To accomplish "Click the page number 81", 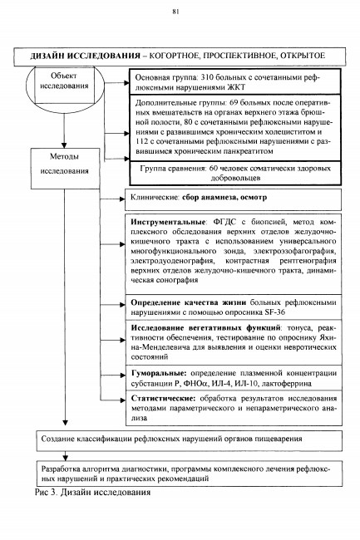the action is pyautogui.click(x=175, y=12).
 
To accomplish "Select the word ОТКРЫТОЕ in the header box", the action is pyautogui.click(x=303, y=56).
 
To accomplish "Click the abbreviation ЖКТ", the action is pyautogui.click(x=236, y=87).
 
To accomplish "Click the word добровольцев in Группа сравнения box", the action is pyautogui.click(x=235, y=179).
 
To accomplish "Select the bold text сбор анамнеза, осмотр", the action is pyautogui.click(x=224, y=198).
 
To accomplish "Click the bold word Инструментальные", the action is pyautogui.click(x=168, y=222).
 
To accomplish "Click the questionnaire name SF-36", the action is pyautogui.click(x=274, y=312).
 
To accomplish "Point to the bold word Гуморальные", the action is pyautogui.click(x=159, y=373).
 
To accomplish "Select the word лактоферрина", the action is pyautogui.click(x=287, y=383).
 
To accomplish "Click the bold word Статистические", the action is pyautogui.click(x=163, y=399).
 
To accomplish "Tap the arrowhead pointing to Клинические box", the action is pyautogui.click(x=122, y=199).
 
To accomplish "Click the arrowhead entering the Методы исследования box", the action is pyautogui.click(x=64, y=145).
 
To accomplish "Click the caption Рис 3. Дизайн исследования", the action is pyautogui.click(x=92, y=492).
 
